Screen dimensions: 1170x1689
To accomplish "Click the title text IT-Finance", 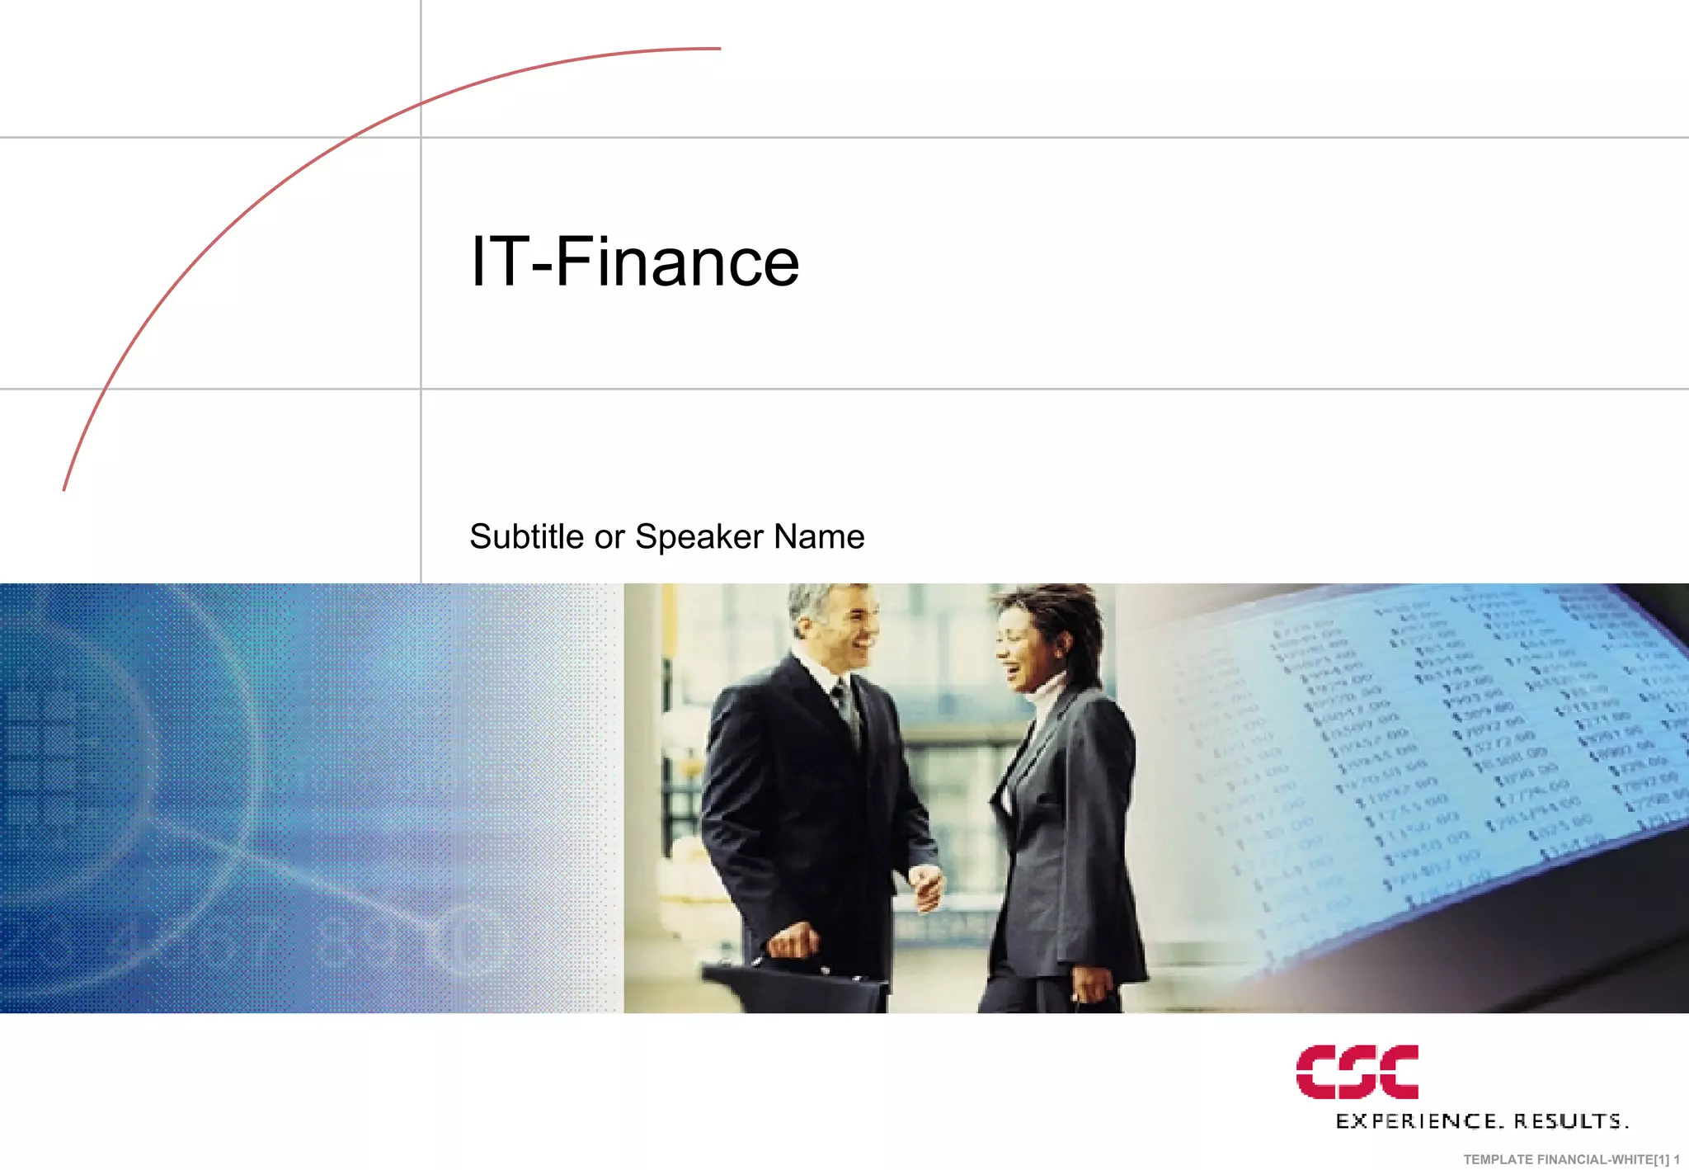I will (634, 262).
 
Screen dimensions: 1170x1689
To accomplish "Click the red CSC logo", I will (1357, 1072).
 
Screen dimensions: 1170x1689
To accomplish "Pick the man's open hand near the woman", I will (928, 887).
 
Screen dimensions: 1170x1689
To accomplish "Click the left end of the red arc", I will (64, 489).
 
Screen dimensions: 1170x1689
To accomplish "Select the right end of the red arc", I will (719, 49).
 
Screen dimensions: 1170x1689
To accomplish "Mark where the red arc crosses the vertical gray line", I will (421, 104).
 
